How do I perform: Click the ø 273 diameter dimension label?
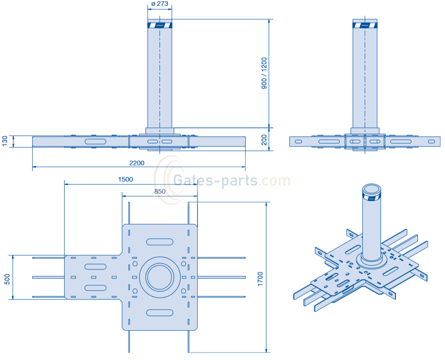point(160,4)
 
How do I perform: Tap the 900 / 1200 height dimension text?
point(264,73)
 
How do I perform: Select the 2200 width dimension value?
point(137,163)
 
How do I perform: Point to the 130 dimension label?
point(5,141)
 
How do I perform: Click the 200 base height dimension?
point(264,140)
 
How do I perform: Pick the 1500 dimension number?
point(126,179)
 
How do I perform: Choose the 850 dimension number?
point(160,191)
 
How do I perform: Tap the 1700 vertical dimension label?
point(260,279)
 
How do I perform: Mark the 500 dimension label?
point(7,279)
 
